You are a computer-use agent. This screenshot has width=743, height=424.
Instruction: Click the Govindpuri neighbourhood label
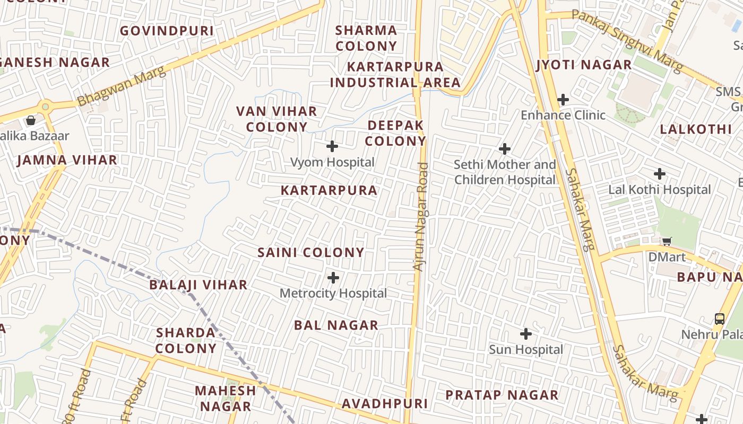coord(167,31)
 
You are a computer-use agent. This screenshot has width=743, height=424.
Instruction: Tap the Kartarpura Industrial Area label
coord(395,75)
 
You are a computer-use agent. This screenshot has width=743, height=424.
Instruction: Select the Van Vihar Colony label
coord(277,119)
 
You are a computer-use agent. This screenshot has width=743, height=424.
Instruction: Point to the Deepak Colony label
coord(395,133)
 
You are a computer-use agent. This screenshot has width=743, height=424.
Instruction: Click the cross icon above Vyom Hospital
coord(332,146)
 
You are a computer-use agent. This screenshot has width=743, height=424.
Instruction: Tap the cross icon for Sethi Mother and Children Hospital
coord(505,149)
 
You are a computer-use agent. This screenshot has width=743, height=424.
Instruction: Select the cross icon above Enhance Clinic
coord(563,100)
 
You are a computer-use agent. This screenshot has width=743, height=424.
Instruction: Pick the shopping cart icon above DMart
coord(667,242)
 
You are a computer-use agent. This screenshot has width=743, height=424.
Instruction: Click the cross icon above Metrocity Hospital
coord(333,278)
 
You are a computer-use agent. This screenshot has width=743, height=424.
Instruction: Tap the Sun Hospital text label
coord(525,350)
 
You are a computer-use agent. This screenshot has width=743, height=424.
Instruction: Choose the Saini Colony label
coord(311,253)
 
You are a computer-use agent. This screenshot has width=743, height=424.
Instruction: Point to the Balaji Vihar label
coord(198,285)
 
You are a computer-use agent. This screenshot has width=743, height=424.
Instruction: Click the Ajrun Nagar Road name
coord(420,217)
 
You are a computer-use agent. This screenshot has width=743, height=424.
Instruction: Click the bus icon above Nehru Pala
coord(720,319)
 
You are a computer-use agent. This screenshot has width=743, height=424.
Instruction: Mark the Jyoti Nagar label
coord(584,65)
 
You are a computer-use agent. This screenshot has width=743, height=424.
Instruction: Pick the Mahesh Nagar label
coord(226,399)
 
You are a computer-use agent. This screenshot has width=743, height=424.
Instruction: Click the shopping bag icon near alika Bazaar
coord(31,120)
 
